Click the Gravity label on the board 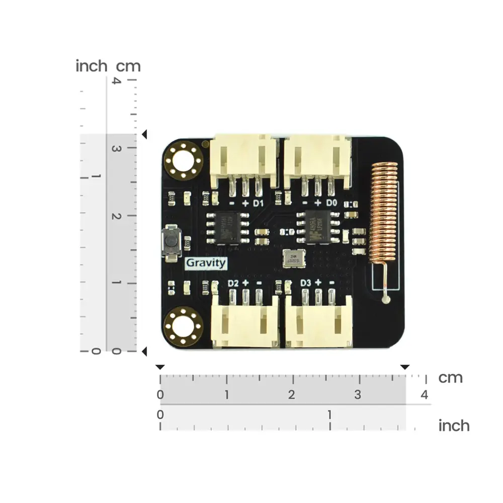[x=206, y=263]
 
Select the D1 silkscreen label [x=259, y=203]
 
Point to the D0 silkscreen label [x=331, y=203]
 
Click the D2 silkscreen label [x=232, y=283]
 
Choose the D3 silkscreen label [x=305, y=283]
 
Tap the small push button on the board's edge [x=171, y=242]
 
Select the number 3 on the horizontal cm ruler [x=358, y=395]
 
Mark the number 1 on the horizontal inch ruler [x=330, y=415]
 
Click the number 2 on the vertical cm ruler [x=117, y=216]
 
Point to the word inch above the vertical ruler [x=91, y=66]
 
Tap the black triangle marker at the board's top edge [x=145, y=135]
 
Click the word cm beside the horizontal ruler [x=450, y=378]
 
